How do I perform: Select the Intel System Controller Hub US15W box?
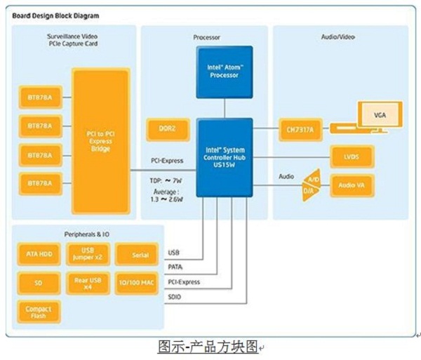pyautogui.click(x=224, y=156)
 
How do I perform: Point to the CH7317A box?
pyautogui.click(x=300, y=128)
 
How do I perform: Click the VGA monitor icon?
pyautogui.click(x=379, y=114)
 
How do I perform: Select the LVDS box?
pyautogui.click(x=352, y=156)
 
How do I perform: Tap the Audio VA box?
pyautogui.click(x=352, y=185)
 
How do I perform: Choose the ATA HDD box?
pyautogui.click(x=39, y=255)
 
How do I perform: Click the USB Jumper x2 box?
pyautogui.click(x=88, y=255)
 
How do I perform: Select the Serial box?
pyautogui.click(x=140, y=255)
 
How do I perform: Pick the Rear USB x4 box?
pyautogui.click(x=88, y=283)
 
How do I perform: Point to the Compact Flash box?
pyautogui.click(x=39, y=310)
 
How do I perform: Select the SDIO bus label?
pyautogui.click(x=175, y=297)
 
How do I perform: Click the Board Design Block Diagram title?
pyautogui.click(x=55, y=15)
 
